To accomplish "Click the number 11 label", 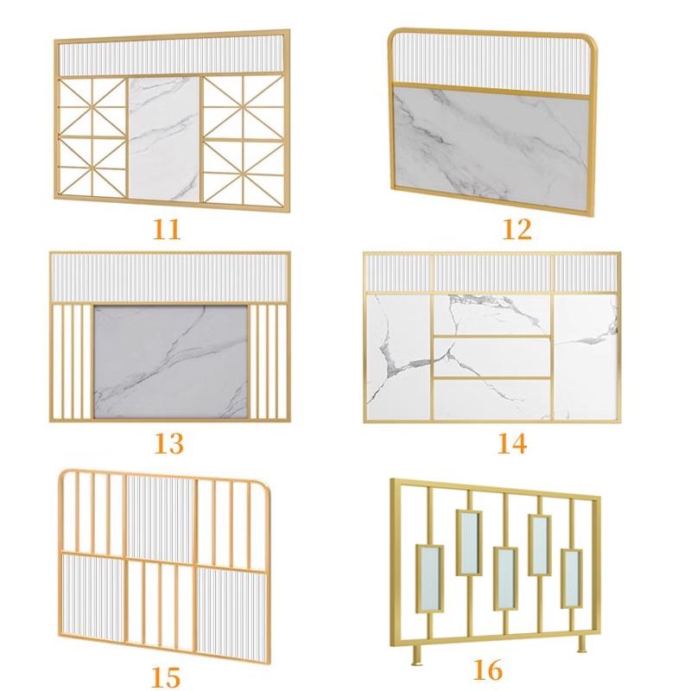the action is [167, 230].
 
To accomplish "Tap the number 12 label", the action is [517, 230].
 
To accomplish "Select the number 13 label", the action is [168, 444].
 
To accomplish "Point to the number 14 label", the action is [512, 444].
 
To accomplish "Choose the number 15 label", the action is [166, 677].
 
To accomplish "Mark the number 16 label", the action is [487, 670].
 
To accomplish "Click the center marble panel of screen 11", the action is [164, 138].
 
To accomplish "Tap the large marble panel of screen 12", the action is [491, 149].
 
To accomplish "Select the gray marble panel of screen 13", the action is [170, 361].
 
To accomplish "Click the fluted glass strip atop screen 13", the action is [170, 278].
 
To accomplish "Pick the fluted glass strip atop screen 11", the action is [171, 55].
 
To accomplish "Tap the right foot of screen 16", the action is [581, 644].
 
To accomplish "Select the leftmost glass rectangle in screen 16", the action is [429, 579].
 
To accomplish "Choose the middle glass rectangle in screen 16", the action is [505, 579].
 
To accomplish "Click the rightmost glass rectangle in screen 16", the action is [572, 579].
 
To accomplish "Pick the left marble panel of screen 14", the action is [399, 357].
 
